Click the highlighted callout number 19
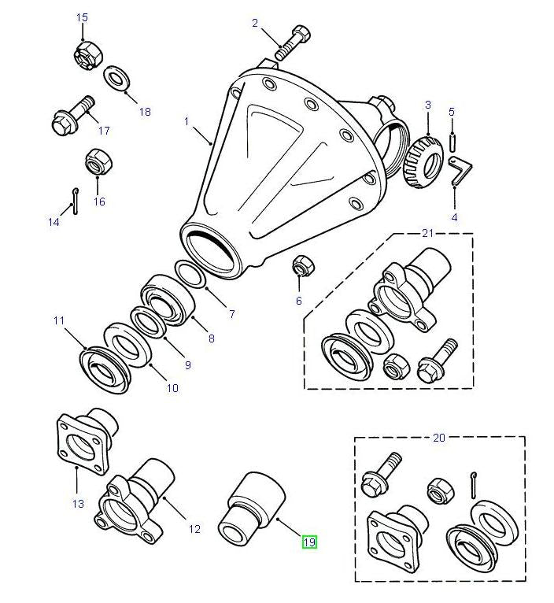coord(308,542)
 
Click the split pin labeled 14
coord(74,202)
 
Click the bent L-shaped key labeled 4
coord(458,171)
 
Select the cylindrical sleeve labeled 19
coord(253,506)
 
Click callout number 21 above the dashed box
coord(427,232)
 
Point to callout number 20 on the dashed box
coord(438,437)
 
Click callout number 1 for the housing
coord(187,121)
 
